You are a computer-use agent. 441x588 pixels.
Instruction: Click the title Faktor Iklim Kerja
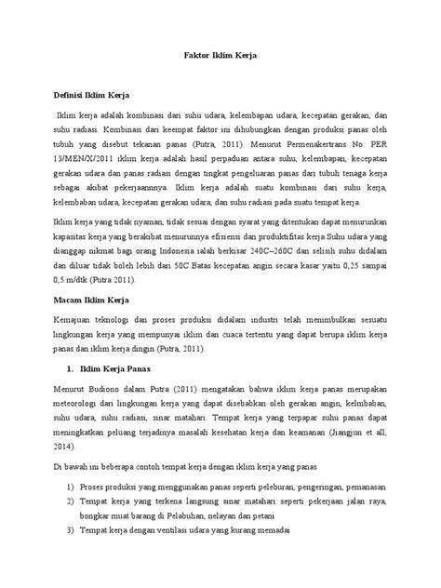click(x=220, y=56)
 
